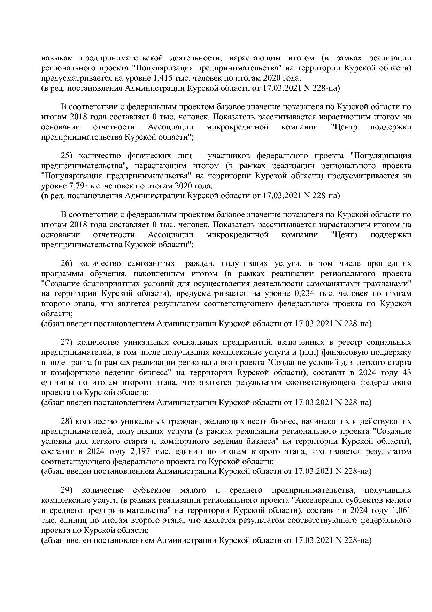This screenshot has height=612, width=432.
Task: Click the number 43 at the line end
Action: (406, 373)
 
